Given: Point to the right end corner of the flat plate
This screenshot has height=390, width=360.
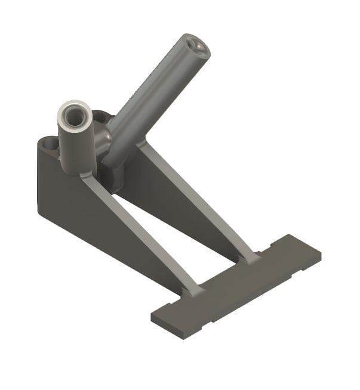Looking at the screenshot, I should pos(319,253).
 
